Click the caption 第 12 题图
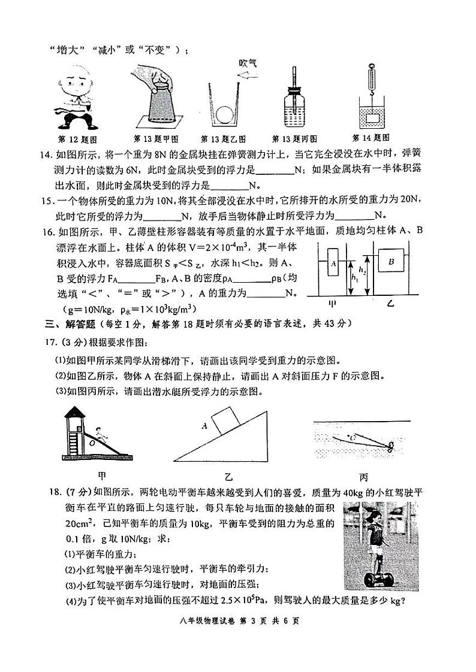pyautogui.click(x=76, y=139)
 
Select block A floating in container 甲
pyautogui.click(x=332, y=263)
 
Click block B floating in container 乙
pyautogui.click(x=391, y=261)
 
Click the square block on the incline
pyautogui.click(x=224, y=417)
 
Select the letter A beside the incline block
pyautogui.click(x=205, y=426)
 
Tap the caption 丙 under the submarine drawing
pyautogui.click(x=363, y=477)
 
